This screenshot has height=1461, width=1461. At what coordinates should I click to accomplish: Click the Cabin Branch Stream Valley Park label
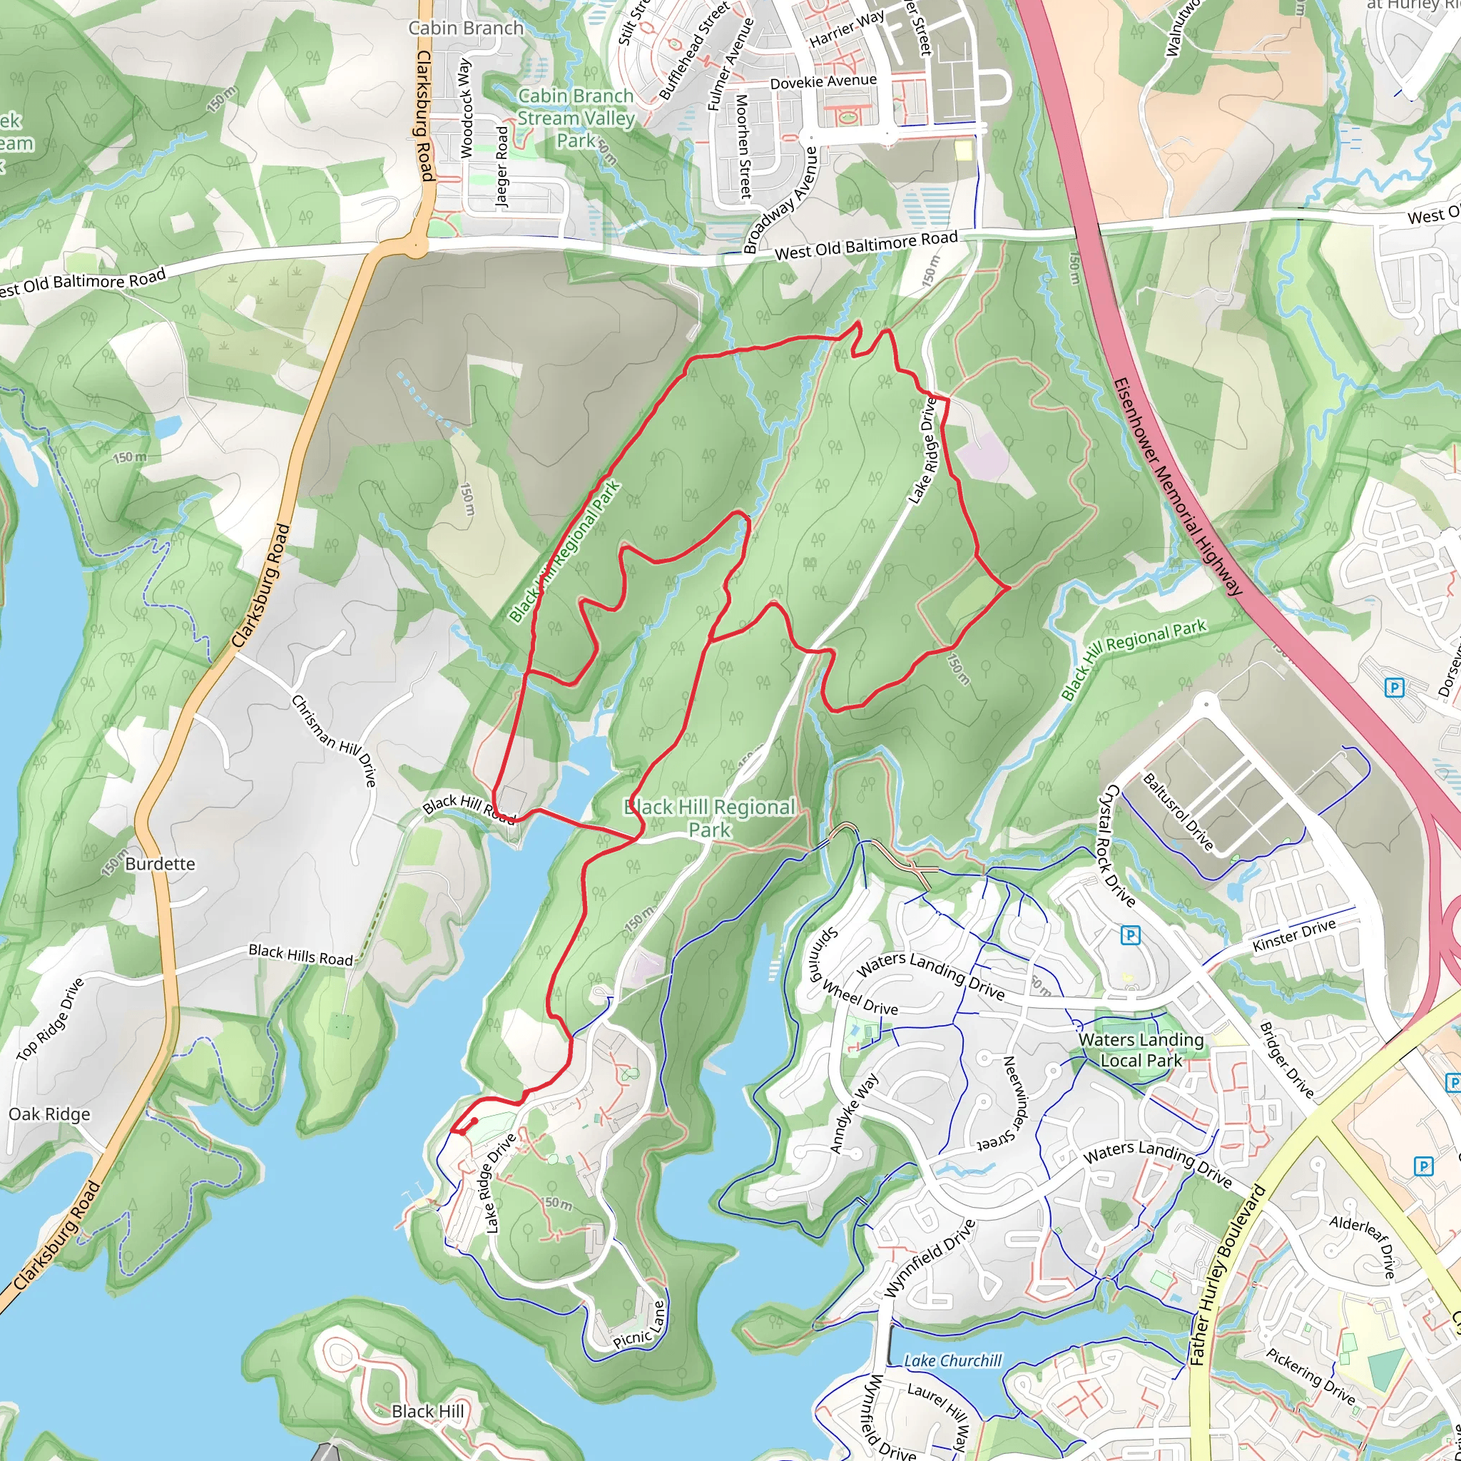(x=576, y=118)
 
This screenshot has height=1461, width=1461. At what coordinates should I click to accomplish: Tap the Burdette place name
(x=160, y=864)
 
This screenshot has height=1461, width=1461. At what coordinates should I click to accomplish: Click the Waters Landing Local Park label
(x=1141, y=1049)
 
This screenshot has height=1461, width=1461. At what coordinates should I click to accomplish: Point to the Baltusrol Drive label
(x=1177, y=811)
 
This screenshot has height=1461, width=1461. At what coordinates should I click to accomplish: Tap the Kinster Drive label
(x=1294, y=935)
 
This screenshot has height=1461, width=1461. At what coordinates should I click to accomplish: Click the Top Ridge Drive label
(x=51, y=1019)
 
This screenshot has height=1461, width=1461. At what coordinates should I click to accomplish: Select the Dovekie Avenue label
(x=823, y=81)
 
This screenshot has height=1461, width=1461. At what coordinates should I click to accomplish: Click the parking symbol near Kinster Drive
(x=1130, y=936)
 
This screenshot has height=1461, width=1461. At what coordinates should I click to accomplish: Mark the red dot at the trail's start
(x=474, y=1121)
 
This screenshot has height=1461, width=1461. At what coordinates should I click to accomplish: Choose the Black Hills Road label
(x=301, y=955)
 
